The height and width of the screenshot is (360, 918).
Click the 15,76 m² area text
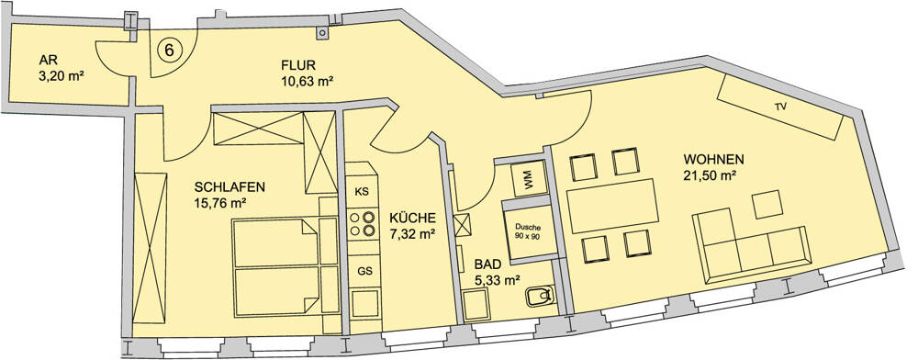[x=220, y=204]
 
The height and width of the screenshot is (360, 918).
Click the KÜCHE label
[x=412, y=218]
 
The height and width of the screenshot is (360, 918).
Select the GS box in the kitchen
[x=364, y=271]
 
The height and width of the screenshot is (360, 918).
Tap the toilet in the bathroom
[x=537, y=297]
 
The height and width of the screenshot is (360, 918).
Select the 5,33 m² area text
[x=498, y=280]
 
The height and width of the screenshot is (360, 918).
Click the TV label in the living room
[x=781, y=107]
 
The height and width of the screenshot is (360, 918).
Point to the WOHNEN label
[x=713, y=158]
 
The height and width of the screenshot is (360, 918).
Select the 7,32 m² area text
[x=411, y=233]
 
